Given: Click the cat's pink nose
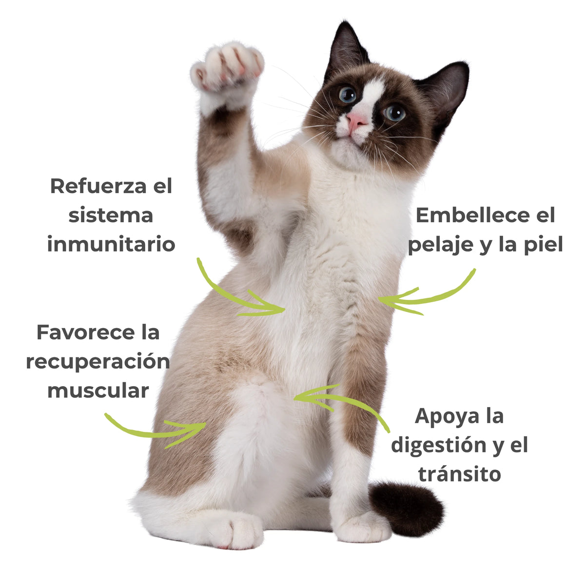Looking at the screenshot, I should click(x=356, y=120).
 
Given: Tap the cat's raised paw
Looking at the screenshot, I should click(x=227, y=68).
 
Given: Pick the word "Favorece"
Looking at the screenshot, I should click(x=78, y=332).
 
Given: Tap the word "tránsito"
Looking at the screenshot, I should click(x=460, y=474).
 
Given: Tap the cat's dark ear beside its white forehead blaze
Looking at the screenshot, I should click(x=346, y=47).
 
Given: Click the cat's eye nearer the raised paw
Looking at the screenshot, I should click(x=348, y=94).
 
